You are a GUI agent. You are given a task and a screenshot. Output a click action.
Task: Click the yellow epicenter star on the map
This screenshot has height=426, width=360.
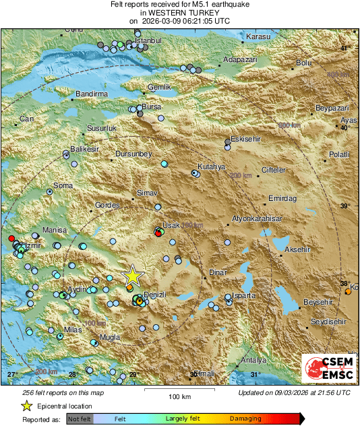coord(133,275)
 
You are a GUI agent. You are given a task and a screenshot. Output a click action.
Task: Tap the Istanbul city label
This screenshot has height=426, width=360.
coord(150,41)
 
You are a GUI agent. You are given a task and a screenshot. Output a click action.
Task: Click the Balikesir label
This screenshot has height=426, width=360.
coord(85,148)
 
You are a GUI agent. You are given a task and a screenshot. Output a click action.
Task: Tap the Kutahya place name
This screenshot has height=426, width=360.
coord(211,166)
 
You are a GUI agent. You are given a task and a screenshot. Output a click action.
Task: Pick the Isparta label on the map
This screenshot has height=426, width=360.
coord(243,295)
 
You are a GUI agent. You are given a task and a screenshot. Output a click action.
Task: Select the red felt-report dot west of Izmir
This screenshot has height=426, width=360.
coord(11,239)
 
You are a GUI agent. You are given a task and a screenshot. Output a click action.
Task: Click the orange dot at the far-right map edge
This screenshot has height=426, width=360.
coord(348,292)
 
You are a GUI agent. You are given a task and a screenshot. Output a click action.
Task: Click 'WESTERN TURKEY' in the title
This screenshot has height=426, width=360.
coord(179,13)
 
